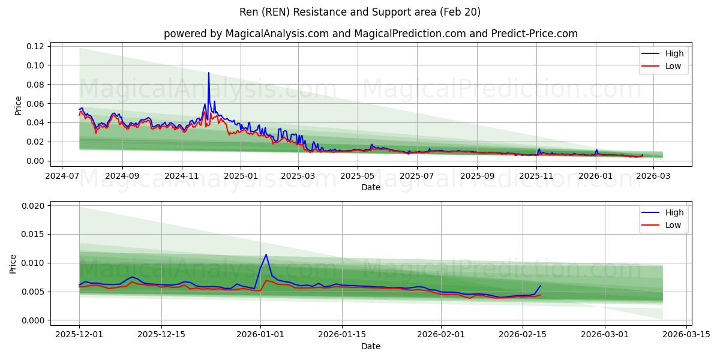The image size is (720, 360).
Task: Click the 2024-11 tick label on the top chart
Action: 181,176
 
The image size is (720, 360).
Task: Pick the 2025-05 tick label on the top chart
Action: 358,176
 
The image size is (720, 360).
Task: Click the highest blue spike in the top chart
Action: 209,73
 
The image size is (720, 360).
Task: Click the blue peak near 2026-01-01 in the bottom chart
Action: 266,254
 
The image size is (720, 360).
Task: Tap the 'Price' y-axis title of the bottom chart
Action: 14,264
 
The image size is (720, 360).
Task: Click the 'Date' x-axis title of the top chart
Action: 370,187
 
